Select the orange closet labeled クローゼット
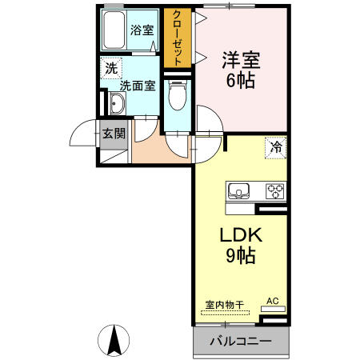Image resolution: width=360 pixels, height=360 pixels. tap(174, 38)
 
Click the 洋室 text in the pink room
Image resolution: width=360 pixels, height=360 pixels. tap(241, 58)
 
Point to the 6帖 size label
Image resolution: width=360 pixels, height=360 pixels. tap(241, 80)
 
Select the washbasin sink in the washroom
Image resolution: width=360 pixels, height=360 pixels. tap(117, 103)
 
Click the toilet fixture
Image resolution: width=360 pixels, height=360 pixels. tap(177, 95)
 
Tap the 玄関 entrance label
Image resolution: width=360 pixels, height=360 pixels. tap(111, 133)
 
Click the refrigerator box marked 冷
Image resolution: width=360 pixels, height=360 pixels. tap(274, 146)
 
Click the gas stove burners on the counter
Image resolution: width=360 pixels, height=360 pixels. tap(275, 190)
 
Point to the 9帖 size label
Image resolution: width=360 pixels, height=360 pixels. tap(238, 257)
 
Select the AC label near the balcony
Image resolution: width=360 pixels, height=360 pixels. tap(273, 301)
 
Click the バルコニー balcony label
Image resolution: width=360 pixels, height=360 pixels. tap(240, 341)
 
